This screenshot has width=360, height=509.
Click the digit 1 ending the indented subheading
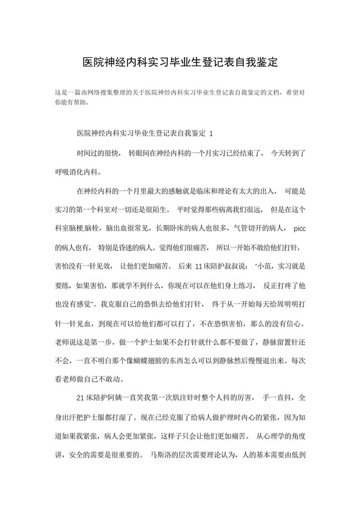212,134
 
